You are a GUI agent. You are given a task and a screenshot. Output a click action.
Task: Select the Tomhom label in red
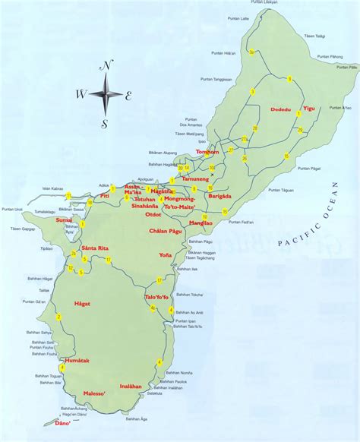point(207,152)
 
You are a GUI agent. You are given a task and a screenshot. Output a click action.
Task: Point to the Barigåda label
point(219,195)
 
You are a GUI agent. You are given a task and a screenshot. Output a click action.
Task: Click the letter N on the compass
point(107,66)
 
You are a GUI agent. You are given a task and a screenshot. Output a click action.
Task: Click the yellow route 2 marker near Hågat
point(58,317)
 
